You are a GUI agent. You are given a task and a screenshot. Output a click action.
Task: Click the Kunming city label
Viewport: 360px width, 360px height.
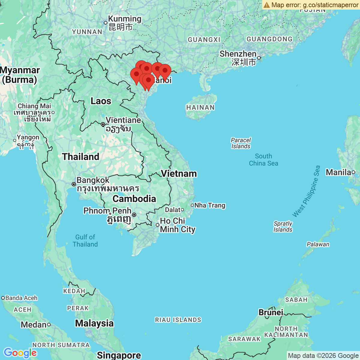[x=124, y=19]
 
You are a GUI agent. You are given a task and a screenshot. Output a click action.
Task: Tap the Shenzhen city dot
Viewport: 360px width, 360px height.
[x=259, y=58]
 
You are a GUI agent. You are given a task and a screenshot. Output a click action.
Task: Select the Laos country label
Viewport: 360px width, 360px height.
[x=101, y=101]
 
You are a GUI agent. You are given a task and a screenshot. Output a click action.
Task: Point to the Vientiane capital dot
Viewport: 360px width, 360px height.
[x=103, y=124]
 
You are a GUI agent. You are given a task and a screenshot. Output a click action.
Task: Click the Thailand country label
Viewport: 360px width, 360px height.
[x=80, y=157]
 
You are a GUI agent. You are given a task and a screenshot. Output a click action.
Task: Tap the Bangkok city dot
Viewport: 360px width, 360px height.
[x=74, y=184]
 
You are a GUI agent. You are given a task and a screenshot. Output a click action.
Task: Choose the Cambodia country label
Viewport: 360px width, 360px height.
[x=134, y=199]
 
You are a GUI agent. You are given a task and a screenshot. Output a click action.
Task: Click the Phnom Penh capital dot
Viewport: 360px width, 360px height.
[x=134, y=215]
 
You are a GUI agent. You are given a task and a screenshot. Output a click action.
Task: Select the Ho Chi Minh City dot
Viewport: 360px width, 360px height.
[x=157, y=225]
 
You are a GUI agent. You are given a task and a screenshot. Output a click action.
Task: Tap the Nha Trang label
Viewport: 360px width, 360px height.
[x=210, y=205]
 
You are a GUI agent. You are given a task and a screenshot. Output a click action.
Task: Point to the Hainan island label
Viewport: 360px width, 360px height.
[x=200, y=107]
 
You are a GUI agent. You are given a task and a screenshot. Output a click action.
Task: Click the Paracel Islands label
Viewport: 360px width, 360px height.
[x=241, y=143]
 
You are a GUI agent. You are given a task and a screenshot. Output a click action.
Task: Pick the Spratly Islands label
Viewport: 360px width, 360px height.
[x=283, y=226]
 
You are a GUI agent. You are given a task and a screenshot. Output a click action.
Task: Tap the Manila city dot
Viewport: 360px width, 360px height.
[x=353, y=172]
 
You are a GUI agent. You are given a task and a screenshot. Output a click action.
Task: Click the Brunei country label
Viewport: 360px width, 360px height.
[x=271, y=312]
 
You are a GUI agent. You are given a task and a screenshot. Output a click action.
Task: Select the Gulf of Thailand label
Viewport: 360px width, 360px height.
[x=85, y=241]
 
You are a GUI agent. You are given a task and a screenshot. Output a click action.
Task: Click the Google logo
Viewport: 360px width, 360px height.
[x=20, y=353]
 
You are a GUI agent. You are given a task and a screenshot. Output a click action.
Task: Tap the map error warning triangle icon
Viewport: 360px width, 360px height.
[x=267, y=5]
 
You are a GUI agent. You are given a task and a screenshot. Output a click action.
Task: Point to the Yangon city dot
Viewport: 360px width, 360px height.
[x=15, y=140]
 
